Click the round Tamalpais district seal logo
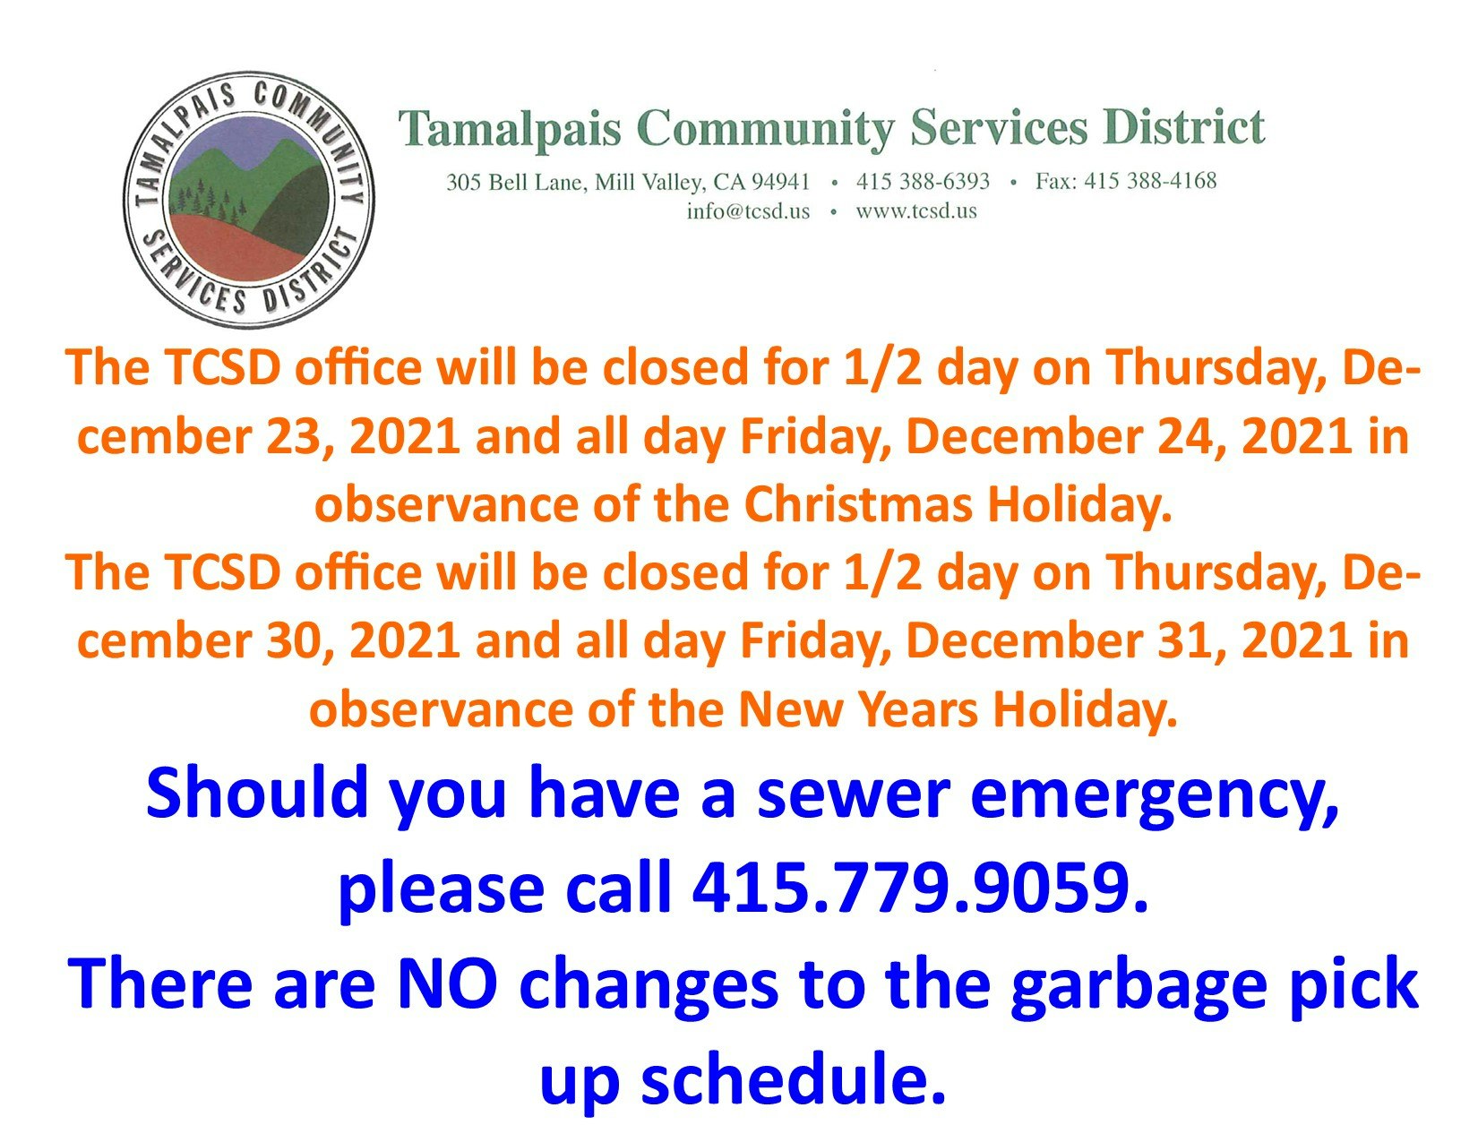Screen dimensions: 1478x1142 248,199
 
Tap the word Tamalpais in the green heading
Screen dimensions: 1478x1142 510,129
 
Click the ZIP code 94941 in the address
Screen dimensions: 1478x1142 781,182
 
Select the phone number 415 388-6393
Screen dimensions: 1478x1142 923,181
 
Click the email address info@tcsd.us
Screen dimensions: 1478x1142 747,210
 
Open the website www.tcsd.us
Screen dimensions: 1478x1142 916,210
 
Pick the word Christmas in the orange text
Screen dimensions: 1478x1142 858,504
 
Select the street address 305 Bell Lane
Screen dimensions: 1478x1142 516,183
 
